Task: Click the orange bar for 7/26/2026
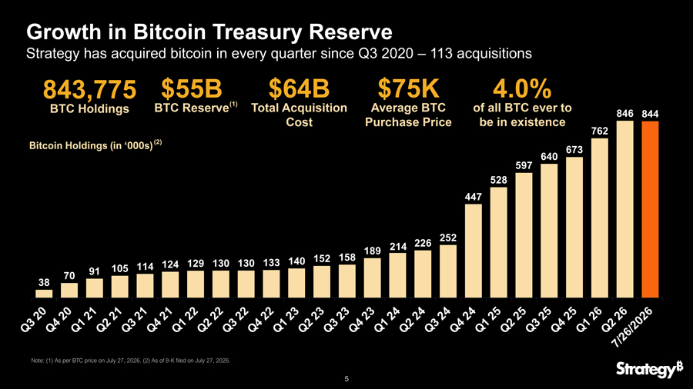(650, 210)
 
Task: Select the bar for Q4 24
(474, 251)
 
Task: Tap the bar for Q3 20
(44, 294)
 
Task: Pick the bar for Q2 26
(625, 209)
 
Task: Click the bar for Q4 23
(372, 278)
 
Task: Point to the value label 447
(474, 197)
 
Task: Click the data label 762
(600, 131)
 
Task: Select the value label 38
(44, 282)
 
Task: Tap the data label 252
(448, 238)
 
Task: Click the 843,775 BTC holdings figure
(90, 89)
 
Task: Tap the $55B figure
(192, 88)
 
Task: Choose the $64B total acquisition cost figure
(300, 88)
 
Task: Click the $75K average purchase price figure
(408, 88)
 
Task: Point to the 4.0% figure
(522, 88)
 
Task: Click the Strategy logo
(649, 369)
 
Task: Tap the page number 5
(346, 379)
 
